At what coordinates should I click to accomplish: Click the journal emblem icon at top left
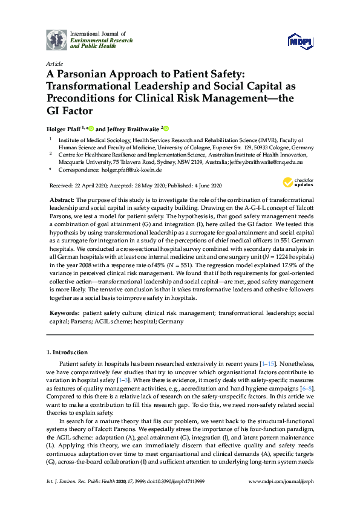pos(56,40)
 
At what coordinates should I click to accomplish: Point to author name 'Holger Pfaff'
pos(64,128)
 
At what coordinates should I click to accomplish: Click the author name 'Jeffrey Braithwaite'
pos(133,128)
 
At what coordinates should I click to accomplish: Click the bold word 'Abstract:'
pos(63,199)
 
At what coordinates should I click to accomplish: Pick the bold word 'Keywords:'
pos(65,313)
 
